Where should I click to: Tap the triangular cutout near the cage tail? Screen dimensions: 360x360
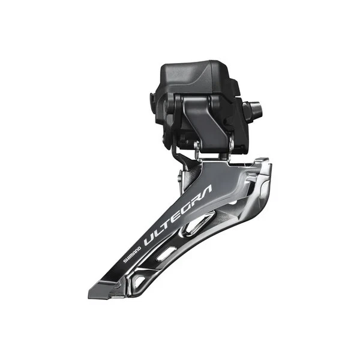point(139,280)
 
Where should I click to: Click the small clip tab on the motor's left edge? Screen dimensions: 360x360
point(152,97)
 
